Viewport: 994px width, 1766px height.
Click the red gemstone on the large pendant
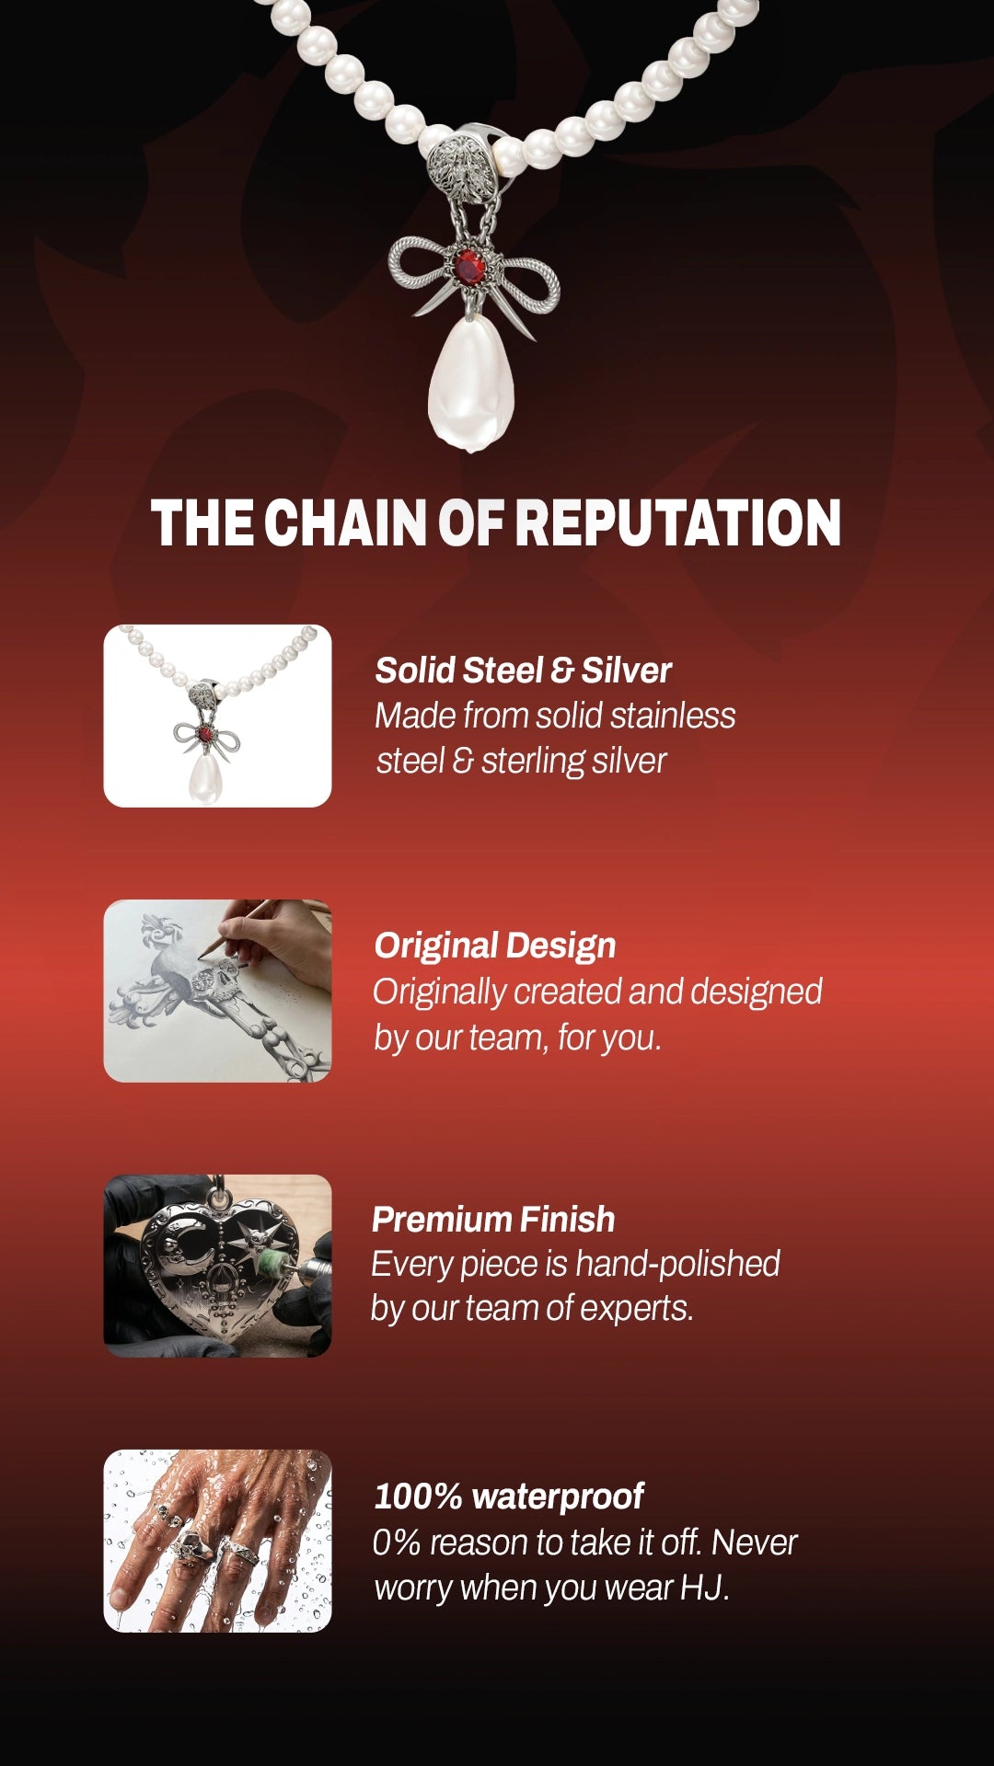469,267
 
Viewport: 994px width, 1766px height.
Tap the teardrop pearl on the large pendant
471,383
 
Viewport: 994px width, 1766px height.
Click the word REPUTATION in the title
677,523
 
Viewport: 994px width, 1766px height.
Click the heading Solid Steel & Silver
523,671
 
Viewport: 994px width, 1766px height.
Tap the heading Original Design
495,946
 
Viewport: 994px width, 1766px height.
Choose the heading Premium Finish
493,1220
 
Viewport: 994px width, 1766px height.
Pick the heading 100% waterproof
509,1497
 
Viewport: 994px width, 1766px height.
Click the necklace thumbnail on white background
217,716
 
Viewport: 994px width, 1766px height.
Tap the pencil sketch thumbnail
217,991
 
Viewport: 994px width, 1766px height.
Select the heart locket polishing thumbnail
217,1266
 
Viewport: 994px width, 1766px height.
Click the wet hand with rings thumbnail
217,1541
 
